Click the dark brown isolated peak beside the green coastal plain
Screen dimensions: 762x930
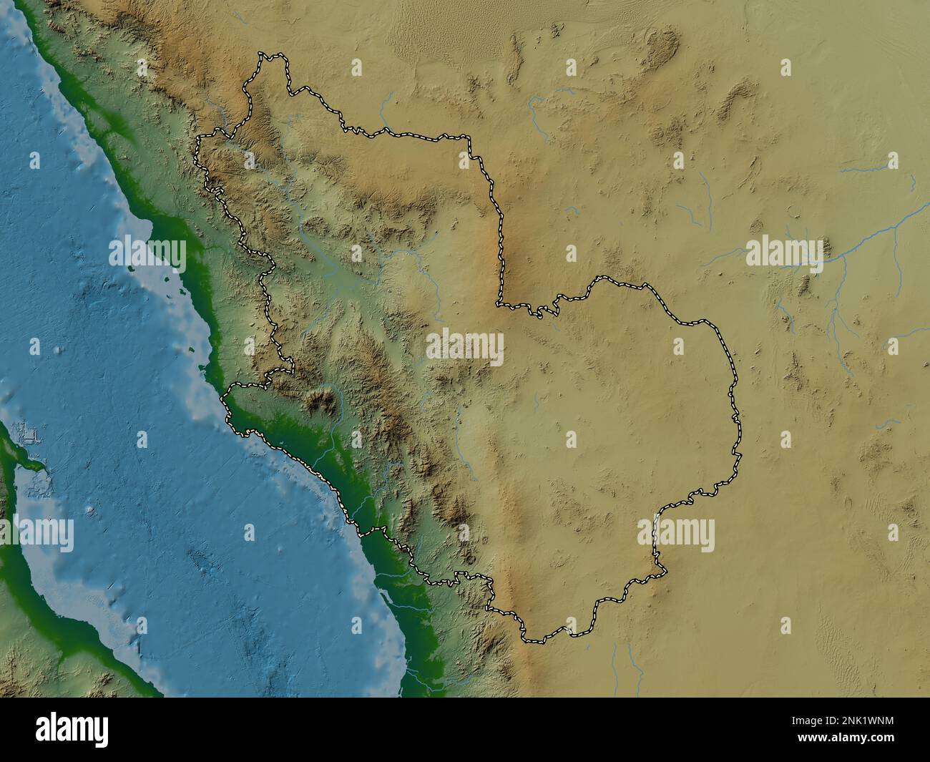point(322,403)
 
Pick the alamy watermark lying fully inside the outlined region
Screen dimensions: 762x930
point(465,346)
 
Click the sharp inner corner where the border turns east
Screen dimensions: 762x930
point(499,305)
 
